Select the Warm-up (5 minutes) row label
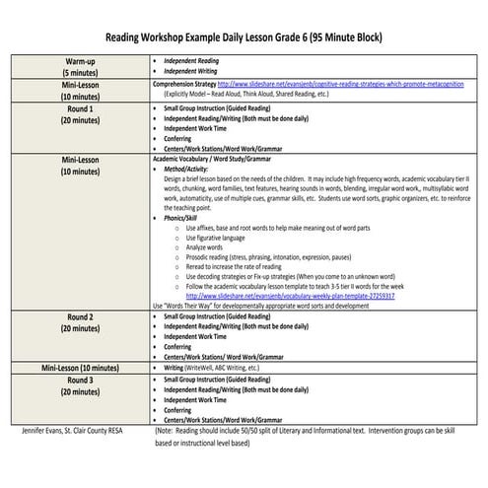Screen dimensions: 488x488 coord(78,67)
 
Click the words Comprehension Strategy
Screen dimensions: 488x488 coord(184,85)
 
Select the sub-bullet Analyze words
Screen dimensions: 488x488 coord(207,247)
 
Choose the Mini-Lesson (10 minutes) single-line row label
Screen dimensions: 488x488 coord(78,367)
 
